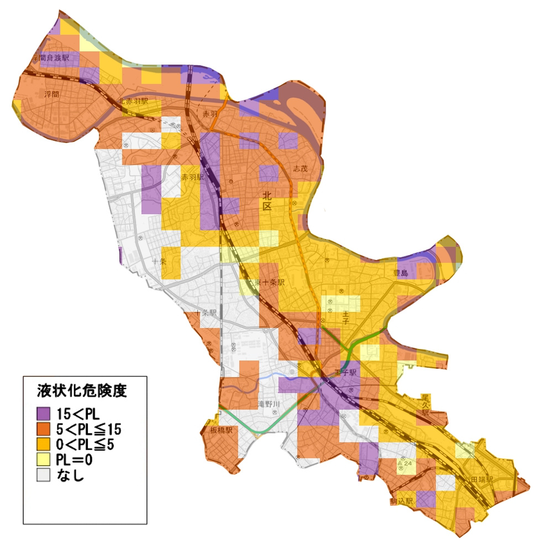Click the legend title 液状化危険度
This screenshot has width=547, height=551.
(x=82, y=391)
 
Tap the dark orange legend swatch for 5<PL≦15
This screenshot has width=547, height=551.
(x=44, y=428)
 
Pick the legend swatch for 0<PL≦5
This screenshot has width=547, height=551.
(x=44, y=444)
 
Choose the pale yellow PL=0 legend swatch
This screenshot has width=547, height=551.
(x=44, y=459)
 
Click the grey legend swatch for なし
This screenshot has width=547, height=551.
(x=44, y=475)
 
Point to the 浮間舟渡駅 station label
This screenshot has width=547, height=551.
(x=51, y=57)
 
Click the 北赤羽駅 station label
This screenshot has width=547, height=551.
(x=133, y=102)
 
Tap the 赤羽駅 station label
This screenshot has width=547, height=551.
(x=193, y=178)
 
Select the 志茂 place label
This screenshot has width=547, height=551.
(x=300, y=168)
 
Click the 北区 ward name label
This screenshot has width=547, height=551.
(x=267, y=200)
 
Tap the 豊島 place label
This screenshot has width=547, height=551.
(x=400, y=273)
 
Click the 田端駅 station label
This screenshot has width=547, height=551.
(x=482, y=479)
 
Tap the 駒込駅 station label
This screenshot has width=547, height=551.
(x=402, y=501)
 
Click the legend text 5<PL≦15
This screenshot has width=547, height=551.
(x=89, y=428)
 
